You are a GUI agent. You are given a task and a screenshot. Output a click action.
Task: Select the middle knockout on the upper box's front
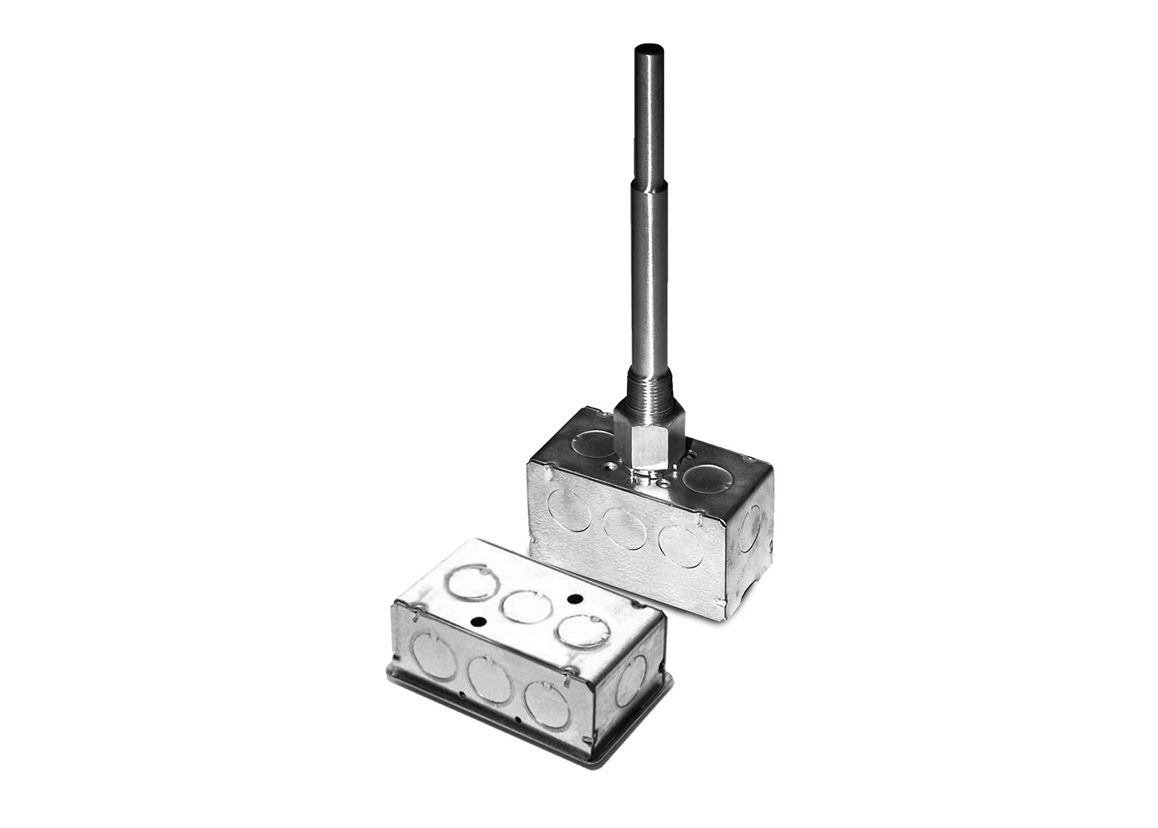pyautogui.click(x=625, y=529)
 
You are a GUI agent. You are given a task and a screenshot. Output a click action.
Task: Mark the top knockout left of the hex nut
pyautogui.click(x=596, y=442)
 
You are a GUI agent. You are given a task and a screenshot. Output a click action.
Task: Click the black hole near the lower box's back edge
pyautogui.click(x=574, y=599)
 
